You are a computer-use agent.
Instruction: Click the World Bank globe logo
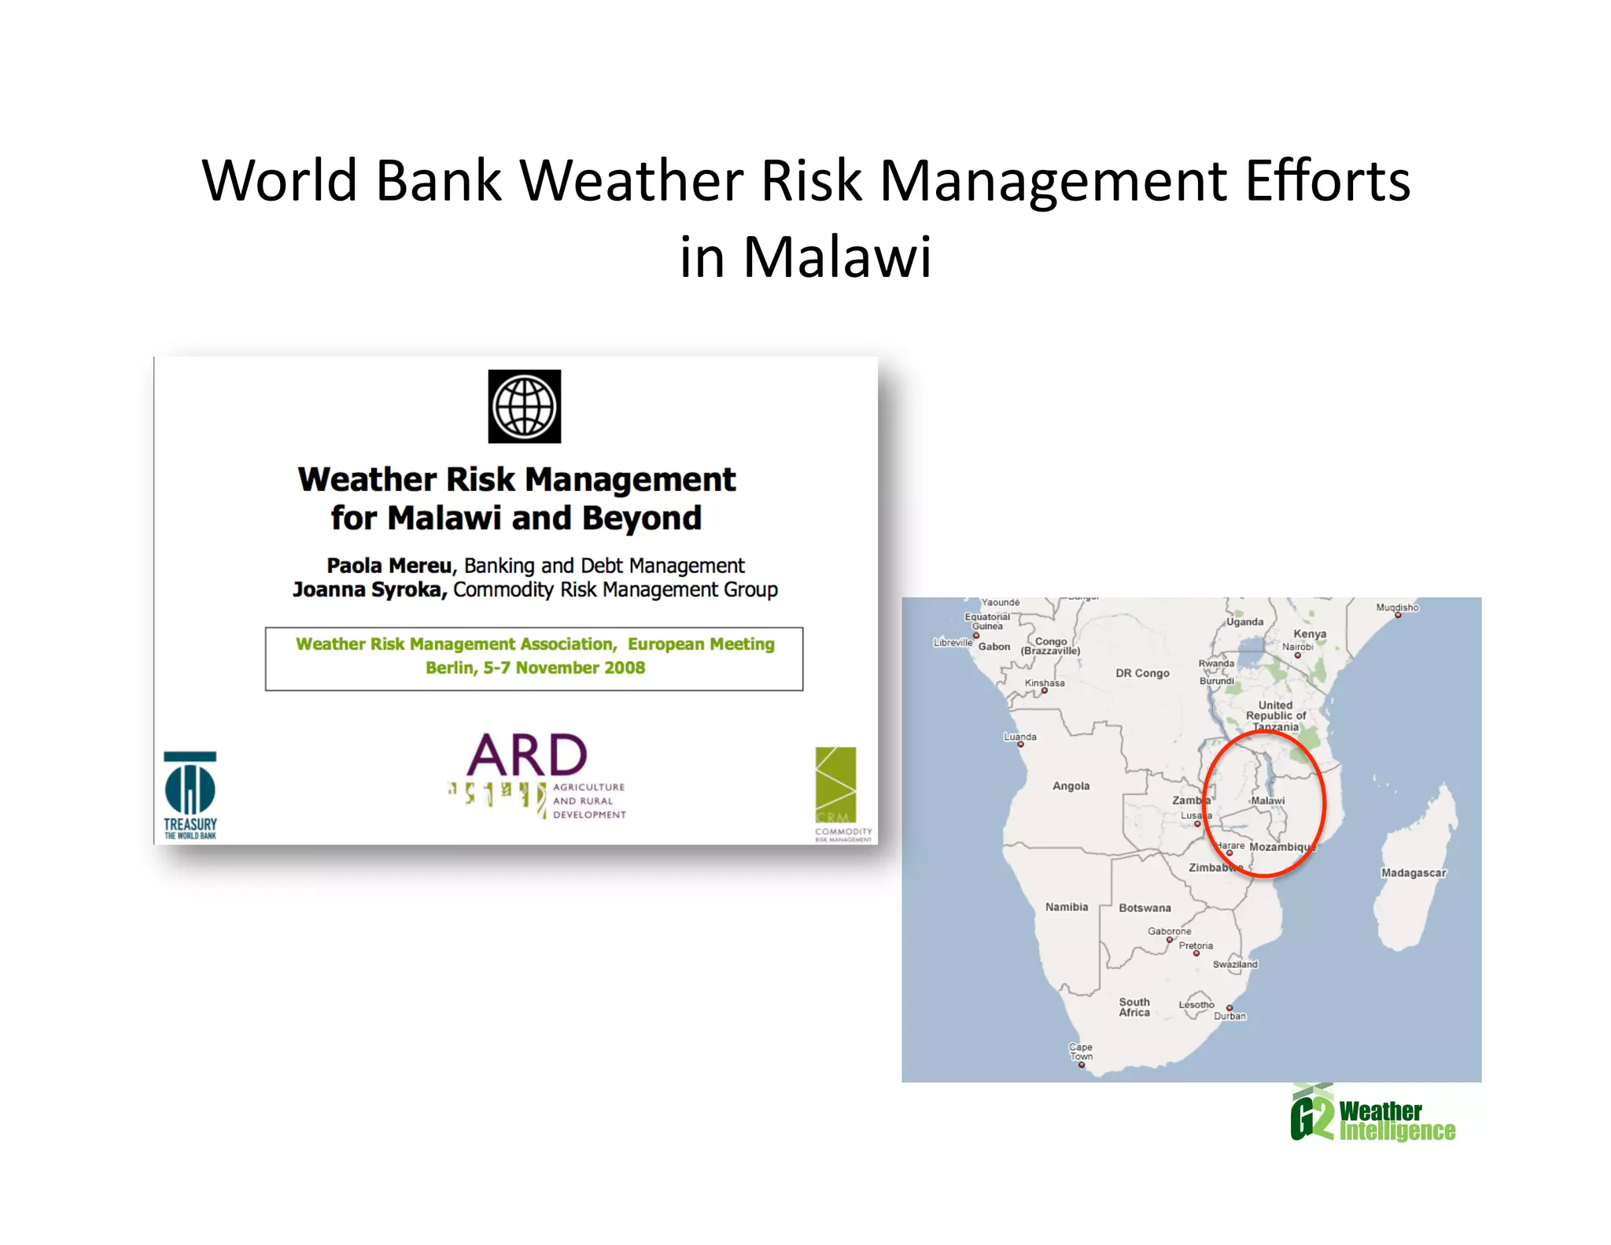[x=524, y=406]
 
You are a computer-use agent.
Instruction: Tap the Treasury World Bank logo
[x=190, y=795]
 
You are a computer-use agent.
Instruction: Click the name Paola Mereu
[x=389, y=566]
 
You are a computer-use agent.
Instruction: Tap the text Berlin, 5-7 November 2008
[x=535, y=667]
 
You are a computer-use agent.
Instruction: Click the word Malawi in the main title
[x=837, y=257]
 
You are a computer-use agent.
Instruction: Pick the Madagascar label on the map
[x=1413, y=873]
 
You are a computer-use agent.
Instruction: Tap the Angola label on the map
[x=1071, y=785]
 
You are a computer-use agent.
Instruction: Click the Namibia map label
[x=1066, y=907]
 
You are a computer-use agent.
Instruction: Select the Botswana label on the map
[x=1145, y=907]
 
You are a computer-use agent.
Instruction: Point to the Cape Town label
[x=1080, y=1051]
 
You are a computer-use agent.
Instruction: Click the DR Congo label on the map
[x=1142, y=673]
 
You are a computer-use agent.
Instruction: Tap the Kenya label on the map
[x=1309, y=634]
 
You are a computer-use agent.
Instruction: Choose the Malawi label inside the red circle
[x=1267, y=800]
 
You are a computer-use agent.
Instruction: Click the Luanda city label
[x=1019, y=737]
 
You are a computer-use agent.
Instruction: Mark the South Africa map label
[x=1134, y=1007]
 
